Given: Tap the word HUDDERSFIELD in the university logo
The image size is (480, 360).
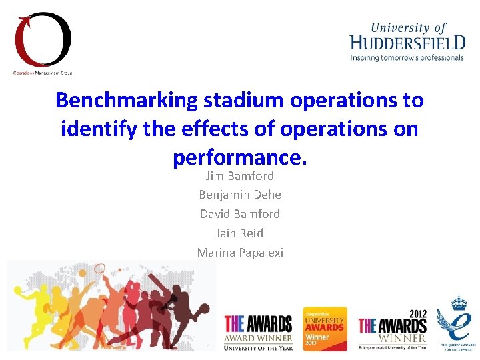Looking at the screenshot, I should point(408,43).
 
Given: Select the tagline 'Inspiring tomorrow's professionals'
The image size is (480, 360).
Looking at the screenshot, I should point(407,58).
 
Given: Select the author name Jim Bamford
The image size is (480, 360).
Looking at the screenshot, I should point(240,176).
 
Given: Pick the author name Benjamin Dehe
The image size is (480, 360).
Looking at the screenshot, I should point(240,195).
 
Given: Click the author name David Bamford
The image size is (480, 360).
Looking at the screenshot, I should point(240,214).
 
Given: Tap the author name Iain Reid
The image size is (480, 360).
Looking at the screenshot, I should point(240,233).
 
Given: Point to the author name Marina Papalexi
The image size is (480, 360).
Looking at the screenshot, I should point(240,253).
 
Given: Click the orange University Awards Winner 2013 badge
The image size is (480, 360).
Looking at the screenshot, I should point(325,328).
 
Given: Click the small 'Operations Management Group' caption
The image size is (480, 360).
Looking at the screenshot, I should point(43,72).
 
